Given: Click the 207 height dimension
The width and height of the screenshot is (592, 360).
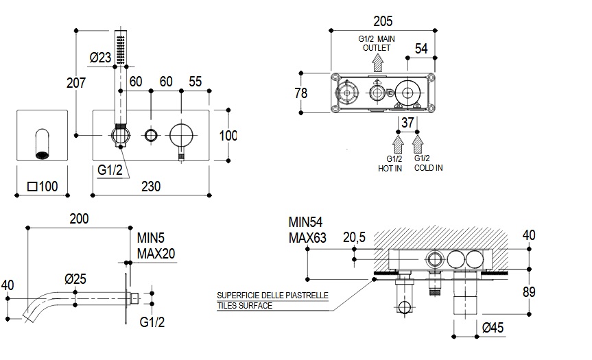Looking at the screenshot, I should (x=76, y=83).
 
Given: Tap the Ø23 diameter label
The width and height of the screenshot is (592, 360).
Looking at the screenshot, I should (x=101, y=58).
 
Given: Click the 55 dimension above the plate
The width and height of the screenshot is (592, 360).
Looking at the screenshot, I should (x=195, y=82).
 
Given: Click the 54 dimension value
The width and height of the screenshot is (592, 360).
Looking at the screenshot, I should (x=422, y=48).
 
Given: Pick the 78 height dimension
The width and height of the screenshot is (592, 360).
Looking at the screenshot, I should (x=301, y=93).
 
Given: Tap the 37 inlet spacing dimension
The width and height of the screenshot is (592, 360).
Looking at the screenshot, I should (x=408, y=123).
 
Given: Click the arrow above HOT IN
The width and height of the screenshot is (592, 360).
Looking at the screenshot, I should (x=397, y=144).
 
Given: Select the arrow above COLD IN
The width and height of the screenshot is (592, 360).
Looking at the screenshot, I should (x=418, y=144).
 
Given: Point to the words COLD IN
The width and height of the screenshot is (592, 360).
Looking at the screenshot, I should (x=428, y=168).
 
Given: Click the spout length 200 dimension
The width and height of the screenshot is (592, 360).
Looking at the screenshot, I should (x=80, y=219).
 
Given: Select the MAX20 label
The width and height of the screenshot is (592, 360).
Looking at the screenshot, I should (x=156, y=253).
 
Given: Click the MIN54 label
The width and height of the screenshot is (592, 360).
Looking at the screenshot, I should (x=305, y=222).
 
